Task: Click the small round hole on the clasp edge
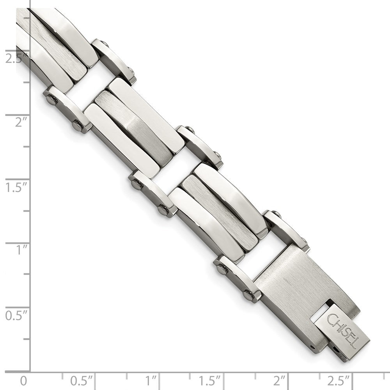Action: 312,346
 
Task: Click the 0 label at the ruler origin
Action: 24,380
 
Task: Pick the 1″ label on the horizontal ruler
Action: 151,380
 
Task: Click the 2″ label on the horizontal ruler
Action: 280,380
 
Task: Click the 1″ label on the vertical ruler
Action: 20,250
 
